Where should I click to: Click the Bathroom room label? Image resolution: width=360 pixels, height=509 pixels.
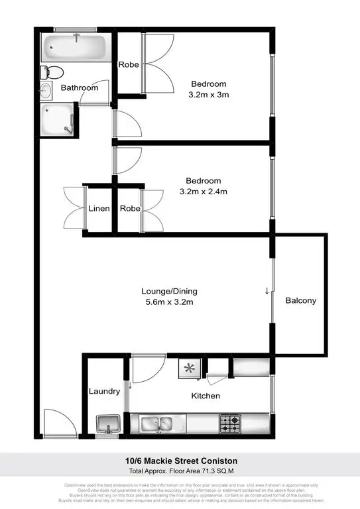[80, 87]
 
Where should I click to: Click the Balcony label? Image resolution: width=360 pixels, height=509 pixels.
[300, 300]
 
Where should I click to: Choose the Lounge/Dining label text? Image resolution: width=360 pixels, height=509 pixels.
[170, 291]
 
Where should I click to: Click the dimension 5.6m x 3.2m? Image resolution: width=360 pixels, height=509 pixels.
[170, 303]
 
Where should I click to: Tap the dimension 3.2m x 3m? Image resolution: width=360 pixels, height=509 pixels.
[209, 95]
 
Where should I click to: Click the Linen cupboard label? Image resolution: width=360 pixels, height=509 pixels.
[99, 209]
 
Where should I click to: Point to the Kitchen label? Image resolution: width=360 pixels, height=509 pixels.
[206, 396]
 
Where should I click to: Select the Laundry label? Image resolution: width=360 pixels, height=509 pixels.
[104, 391]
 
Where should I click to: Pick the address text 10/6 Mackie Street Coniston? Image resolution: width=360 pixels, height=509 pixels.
[180, 461]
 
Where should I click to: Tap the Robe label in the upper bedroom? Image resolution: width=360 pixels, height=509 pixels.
[128, 65]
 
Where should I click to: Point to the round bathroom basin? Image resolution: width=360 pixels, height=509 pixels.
[46, 91]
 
